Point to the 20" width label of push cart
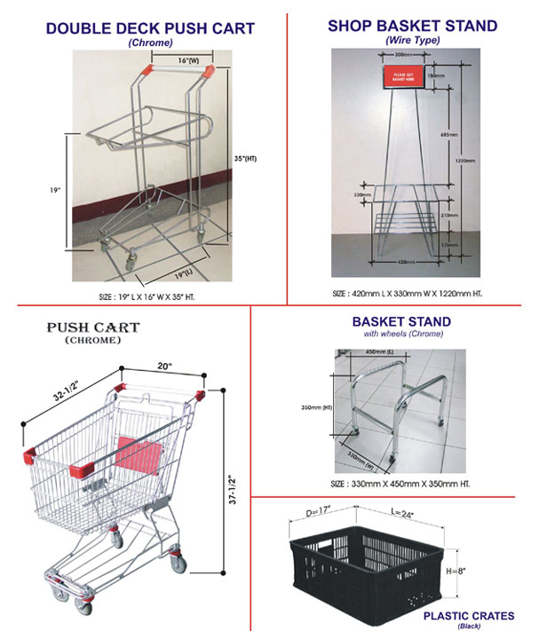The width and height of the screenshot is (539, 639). pyautogui.click(x=163, y=364)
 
